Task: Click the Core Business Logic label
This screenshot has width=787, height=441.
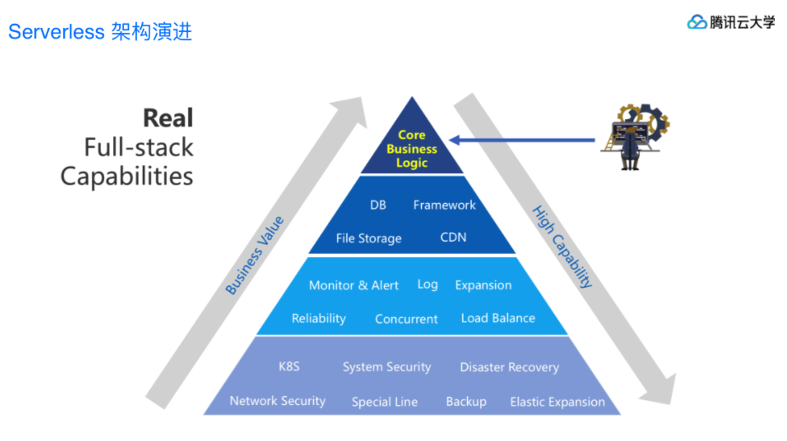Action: [411, 149]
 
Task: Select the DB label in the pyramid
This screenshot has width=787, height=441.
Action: [378, 205]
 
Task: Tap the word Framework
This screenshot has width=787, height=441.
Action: [444, 205]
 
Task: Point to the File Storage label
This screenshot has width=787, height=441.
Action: [369, 238]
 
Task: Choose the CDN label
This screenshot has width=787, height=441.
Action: [453, 237]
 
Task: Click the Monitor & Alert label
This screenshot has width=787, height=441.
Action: [354, 285]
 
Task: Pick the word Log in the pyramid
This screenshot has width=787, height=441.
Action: [427, 285]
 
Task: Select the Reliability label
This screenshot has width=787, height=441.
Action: [319, 318]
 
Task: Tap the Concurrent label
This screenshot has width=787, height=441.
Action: [406, 319]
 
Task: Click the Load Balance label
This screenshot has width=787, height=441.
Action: [498, 318]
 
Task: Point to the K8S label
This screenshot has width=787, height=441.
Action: [289, 366]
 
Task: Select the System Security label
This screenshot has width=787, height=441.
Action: [387, 367]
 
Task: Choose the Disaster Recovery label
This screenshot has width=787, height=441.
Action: [509, 367]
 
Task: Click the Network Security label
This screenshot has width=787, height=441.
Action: [278, 401]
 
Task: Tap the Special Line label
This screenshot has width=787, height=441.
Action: [384, 402]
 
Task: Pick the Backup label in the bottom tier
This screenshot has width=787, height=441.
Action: [466, 402]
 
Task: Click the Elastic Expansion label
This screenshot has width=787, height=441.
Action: [557, 402]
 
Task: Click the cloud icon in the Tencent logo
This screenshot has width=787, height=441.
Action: [697, 22]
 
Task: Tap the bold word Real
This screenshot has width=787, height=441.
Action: [168, 118]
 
